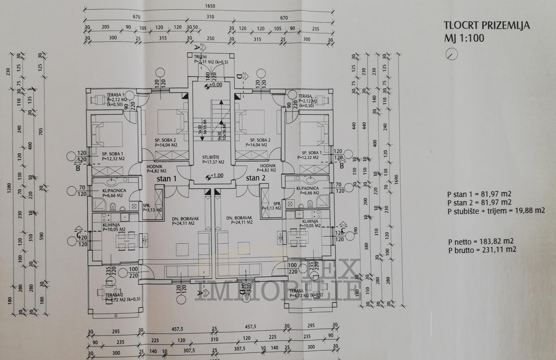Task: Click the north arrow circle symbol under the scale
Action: (451, 54)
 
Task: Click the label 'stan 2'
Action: (256, 178)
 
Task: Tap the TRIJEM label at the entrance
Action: (200, 57)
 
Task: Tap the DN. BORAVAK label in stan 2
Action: (239, 217)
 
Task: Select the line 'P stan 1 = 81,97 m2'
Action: (480, 194)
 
